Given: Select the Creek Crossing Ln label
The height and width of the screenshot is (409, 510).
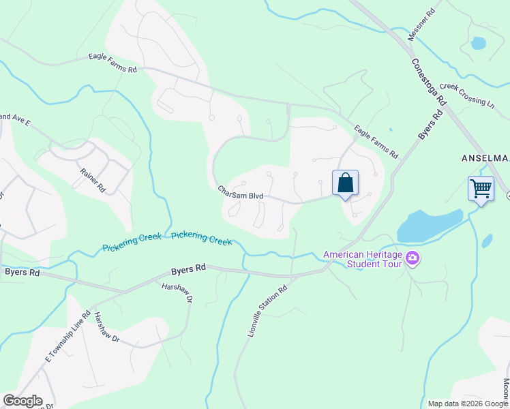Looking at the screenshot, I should coord(467,95).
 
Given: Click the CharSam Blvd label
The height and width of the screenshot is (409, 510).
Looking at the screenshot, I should coord(240,193).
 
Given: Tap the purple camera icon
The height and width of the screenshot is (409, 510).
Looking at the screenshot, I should coord(412,258).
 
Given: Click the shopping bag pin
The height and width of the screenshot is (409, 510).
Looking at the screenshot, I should coord(346,183).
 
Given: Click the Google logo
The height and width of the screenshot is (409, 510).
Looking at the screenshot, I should coord(22,401).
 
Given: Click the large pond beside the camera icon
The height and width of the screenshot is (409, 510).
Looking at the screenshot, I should coord(429,226).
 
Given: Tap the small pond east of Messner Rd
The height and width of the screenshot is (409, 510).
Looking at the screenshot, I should coord(478,43).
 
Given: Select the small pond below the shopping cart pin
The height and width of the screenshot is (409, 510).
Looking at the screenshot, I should coord(487,241).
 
